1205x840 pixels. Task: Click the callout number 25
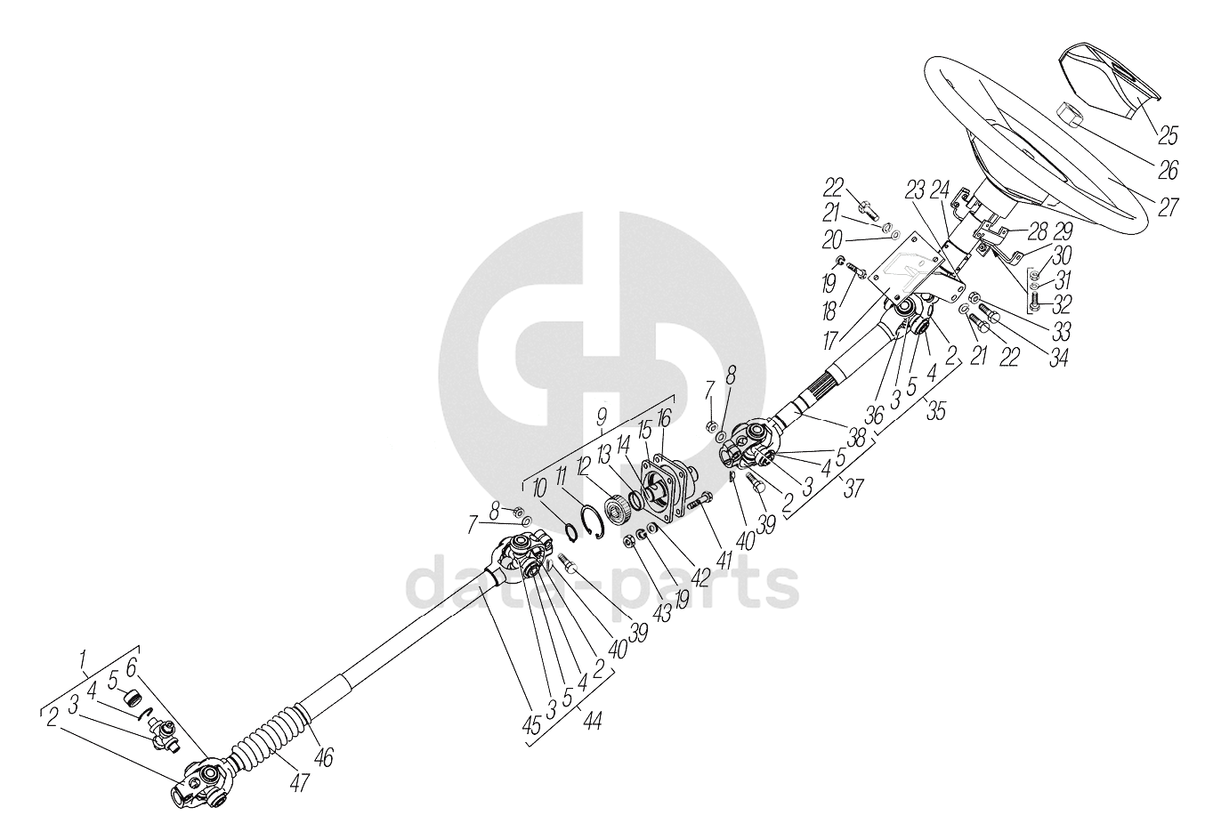1167,136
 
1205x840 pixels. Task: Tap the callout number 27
1168,207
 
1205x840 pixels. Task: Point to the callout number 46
325,758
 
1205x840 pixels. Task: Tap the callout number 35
935,412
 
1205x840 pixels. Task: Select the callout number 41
724,561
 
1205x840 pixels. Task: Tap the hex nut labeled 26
1071,114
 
